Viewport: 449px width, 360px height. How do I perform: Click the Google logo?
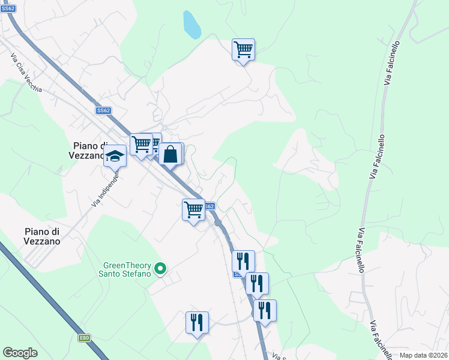(20, 353)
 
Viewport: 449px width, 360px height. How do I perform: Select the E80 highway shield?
(84, 338)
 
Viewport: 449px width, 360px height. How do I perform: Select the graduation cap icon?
(115, 156)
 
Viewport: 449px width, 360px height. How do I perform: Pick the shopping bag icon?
(170, 154)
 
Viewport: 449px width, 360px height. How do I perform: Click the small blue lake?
(191, 25)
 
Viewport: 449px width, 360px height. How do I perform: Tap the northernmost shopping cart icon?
(243, 49)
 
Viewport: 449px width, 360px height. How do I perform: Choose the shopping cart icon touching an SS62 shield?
(193, 210)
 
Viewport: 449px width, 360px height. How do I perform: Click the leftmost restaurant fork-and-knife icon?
(197, 323)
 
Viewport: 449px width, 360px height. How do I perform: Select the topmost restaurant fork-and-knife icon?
(243, 261)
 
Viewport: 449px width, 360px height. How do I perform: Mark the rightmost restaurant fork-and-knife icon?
(264, 310)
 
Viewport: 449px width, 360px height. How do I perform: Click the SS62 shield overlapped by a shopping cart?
(209, 206)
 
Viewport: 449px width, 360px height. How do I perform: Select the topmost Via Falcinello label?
(391, 62)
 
